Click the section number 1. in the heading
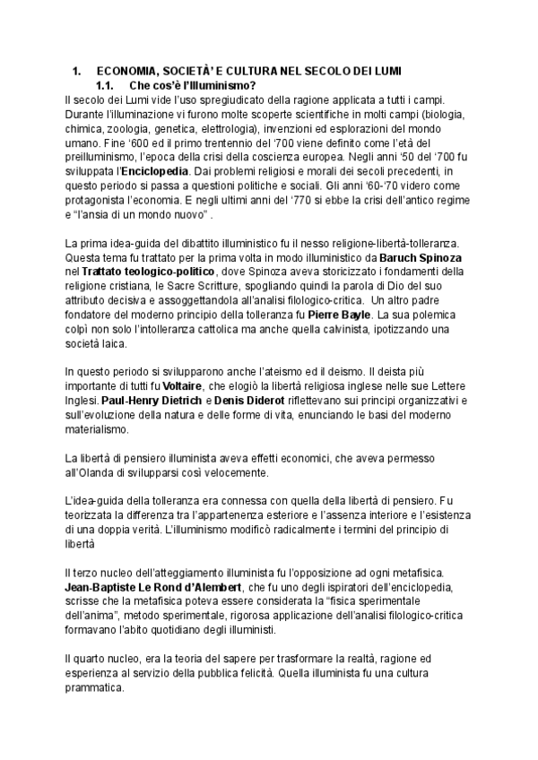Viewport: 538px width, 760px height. point(76,72)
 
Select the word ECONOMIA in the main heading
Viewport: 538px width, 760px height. point(126,72)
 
